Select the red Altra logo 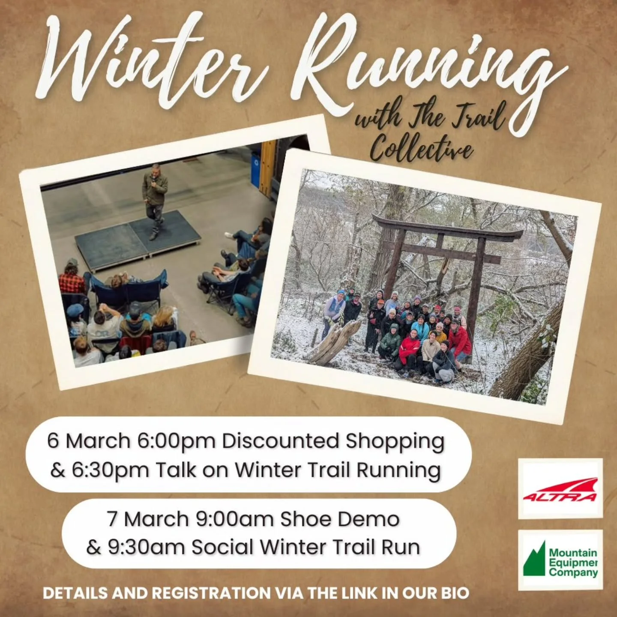pyautogui.click(x=560, y=488)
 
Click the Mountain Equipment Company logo pyautogui.click(x=560, y=560)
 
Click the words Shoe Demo pyautogui.click(x=339, y=519)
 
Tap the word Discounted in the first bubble pyautogui.click(x=280, y=441)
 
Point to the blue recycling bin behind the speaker pyautogui.click(x=256, y=169)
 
